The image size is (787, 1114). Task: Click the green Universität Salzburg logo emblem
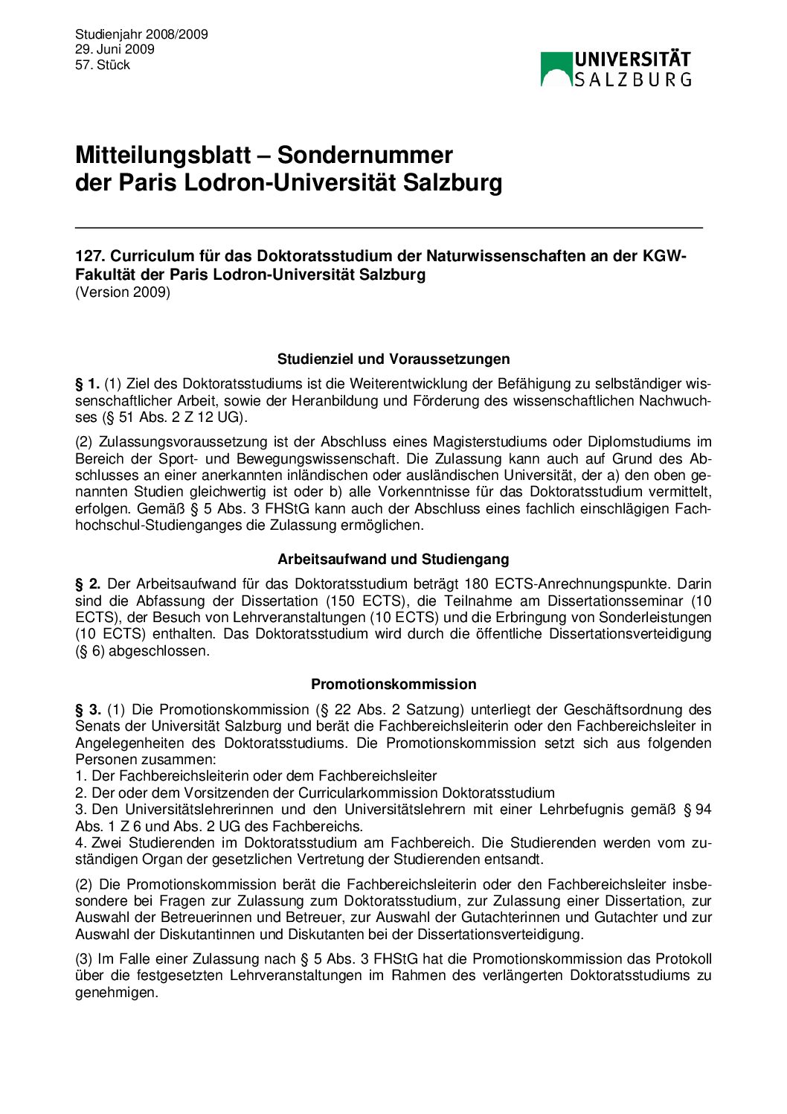[x=556, y=69]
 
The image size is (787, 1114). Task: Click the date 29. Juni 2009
[x=115, y=49]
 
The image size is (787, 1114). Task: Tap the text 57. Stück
[x=103, y=65]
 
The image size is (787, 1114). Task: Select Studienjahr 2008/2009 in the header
[x=141, y=34]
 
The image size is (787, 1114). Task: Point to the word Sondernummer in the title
[x=364, y=155]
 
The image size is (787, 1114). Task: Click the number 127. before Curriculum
[x=90, y=256]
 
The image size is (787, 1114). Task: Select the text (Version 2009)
[x=123, y=292]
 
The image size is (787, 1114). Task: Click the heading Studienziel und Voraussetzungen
[x=393, y=359]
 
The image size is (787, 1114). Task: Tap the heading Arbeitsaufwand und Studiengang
[x=393, y=559]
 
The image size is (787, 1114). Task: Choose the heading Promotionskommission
[x=393, y=684]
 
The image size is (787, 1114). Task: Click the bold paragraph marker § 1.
[x=87, y=384]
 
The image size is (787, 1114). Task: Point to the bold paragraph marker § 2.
[x=87, y=583]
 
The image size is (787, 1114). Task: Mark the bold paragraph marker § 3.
[x=87, y=709]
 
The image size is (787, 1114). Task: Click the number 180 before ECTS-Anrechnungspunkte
[x=476, y=583]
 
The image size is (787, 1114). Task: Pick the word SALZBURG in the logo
[x=633, y=79]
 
